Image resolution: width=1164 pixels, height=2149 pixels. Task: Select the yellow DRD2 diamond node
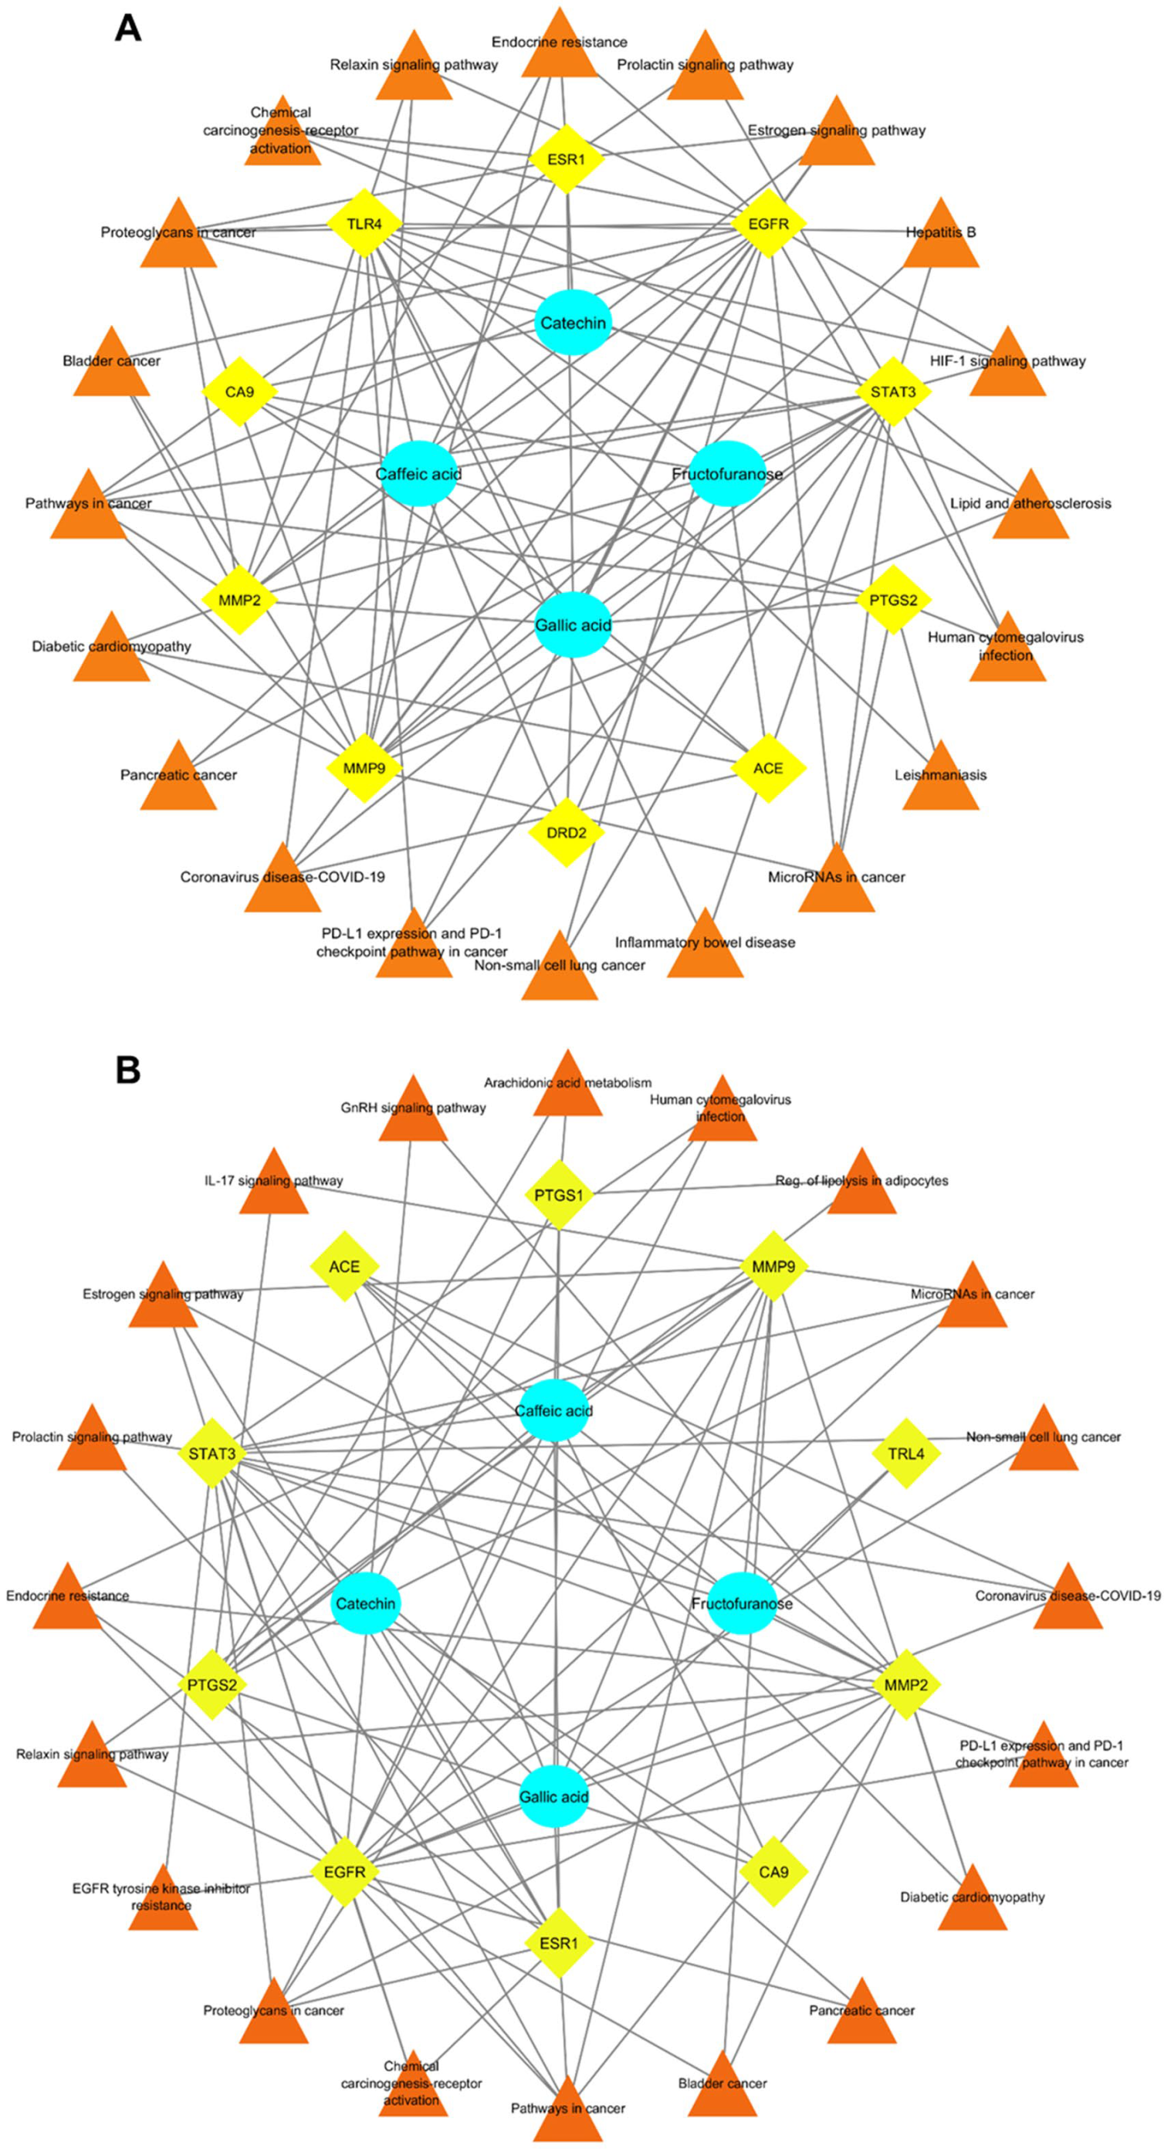(x=566, y=833)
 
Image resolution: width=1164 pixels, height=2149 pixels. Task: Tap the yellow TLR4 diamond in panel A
(x=364, y=224)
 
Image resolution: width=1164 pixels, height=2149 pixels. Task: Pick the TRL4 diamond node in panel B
(x=905, y=1454)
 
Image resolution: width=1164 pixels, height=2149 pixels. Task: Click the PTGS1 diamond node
(x=558, y=1195)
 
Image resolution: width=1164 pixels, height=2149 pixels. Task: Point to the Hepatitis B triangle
(x=941, y=237)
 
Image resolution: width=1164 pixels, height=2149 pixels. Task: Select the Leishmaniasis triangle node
(x=940, y=779)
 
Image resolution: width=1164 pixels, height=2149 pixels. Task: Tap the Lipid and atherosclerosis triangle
(x=1030, y=508)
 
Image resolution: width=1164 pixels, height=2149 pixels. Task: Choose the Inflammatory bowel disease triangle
(x=705, y=947)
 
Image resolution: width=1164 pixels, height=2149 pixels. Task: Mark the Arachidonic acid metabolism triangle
(x=567, y=1088)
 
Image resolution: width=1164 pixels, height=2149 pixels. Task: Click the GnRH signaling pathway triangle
(x=413, y=1113)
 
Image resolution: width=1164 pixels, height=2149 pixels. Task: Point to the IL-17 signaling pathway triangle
(x=274, y=1186)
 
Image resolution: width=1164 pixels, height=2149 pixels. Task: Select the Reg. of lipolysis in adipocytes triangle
(x=861, y=1186)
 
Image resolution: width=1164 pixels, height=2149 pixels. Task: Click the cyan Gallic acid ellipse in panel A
(x=573, y=624)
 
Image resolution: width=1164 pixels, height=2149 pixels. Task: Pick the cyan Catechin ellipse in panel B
(x=364, y=1603)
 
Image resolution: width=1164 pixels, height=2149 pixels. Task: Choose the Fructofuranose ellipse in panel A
(x=728, y=474)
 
